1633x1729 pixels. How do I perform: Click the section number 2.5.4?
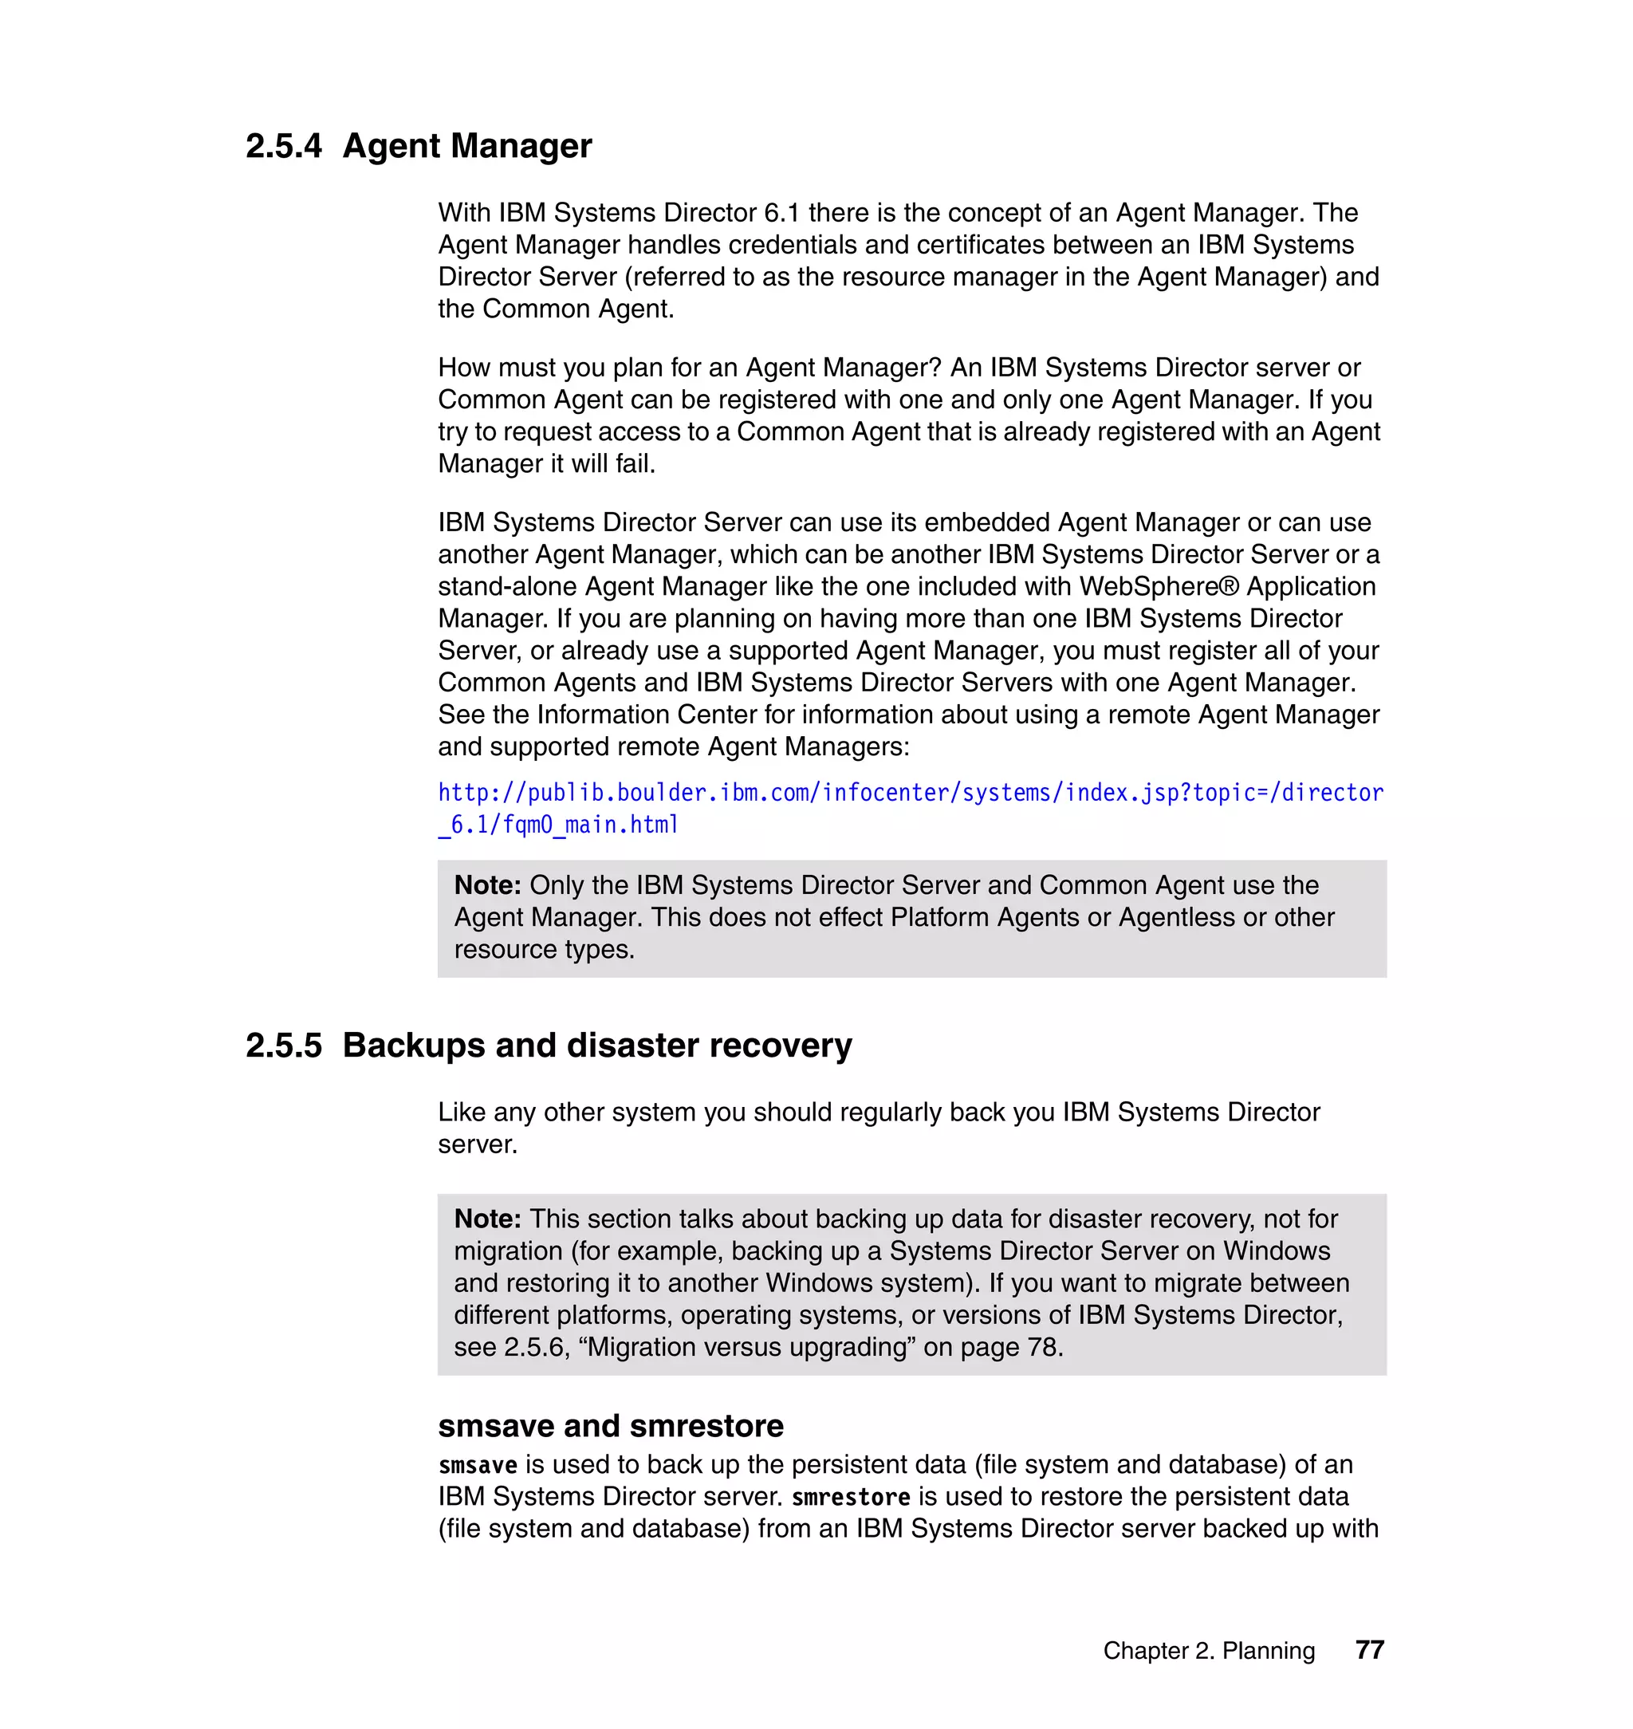283,146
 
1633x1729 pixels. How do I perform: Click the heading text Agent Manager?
466,146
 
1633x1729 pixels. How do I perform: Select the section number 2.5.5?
283,1046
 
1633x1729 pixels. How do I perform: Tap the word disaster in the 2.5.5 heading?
633,1046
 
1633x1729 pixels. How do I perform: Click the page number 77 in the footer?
1369,1650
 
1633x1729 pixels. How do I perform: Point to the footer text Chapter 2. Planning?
1208,1651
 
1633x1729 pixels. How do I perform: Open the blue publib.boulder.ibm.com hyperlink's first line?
910,793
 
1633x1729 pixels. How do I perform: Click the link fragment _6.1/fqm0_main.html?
558,825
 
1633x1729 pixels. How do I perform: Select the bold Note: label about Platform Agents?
487,885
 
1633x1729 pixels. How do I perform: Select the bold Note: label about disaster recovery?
487,1219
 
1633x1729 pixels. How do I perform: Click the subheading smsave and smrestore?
610,1426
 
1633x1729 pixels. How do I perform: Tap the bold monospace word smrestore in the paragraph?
851,1498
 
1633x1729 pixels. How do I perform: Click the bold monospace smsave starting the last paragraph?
478,1465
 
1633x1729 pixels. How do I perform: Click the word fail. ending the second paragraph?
634,464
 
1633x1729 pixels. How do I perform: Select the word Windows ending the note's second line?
1276,1251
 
